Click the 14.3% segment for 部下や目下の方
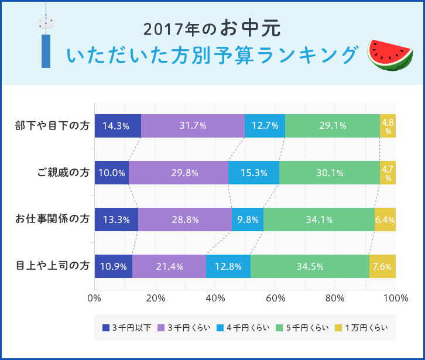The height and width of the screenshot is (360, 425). point(117,126)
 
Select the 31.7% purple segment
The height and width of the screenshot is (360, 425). point(193,126)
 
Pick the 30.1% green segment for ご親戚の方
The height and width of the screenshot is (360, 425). point(329,173)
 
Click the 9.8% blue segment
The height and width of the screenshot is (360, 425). point(247,220)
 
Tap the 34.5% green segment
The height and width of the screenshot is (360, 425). point(310,266)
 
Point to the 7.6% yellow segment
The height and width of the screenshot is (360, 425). point(382,266)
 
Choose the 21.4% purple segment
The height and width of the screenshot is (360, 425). point(169,266)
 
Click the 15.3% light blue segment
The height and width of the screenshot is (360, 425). point(253,173)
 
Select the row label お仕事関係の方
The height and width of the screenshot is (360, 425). point(53,220)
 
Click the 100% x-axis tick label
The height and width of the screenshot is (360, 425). point(396,298)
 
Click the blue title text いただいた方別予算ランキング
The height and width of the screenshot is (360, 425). point(211,55)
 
